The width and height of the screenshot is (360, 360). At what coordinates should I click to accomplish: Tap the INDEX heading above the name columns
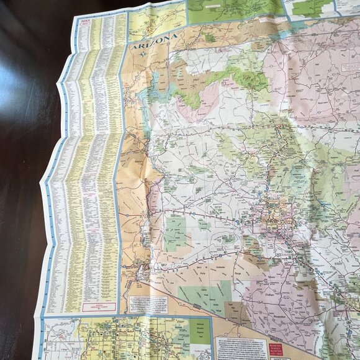point(84,22)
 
